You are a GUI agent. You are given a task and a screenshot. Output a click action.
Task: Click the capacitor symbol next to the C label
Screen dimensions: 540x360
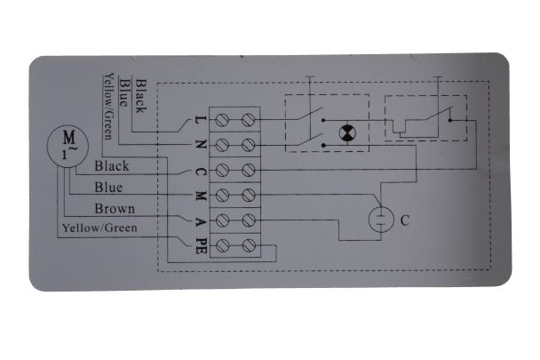381,220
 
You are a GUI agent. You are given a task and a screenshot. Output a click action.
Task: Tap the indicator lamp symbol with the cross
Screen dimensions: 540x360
347,133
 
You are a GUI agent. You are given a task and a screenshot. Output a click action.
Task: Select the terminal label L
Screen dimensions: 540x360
201,120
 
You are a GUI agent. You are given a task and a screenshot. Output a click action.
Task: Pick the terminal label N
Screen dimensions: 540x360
201,145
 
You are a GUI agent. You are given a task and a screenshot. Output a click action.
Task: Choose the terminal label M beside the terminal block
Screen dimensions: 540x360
201,196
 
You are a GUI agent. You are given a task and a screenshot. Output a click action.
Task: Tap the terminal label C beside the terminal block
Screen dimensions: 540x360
201,172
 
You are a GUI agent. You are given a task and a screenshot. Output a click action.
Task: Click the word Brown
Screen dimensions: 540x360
115,209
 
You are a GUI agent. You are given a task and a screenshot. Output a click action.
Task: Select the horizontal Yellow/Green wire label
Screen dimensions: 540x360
99,228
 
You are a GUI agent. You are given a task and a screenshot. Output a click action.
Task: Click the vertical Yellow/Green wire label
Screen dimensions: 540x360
108,106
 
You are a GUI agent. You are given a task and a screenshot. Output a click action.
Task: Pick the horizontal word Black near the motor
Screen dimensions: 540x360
112,166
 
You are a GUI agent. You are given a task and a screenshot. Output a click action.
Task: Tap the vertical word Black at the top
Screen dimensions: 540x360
141,96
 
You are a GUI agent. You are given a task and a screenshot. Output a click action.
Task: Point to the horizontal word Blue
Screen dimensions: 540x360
108,188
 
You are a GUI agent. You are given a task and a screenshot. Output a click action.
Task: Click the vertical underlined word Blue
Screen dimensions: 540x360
123,92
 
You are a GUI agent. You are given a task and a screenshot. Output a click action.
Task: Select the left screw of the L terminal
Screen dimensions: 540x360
222,120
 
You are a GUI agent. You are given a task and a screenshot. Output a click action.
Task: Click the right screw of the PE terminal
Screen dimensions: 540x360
249,245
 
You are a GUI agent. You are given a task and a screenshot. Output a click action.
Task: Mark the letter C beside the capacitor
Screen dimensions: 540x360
405,220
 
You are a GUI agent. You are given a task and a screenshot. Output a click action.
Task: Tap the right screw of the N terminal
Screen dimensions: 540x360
249,145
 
